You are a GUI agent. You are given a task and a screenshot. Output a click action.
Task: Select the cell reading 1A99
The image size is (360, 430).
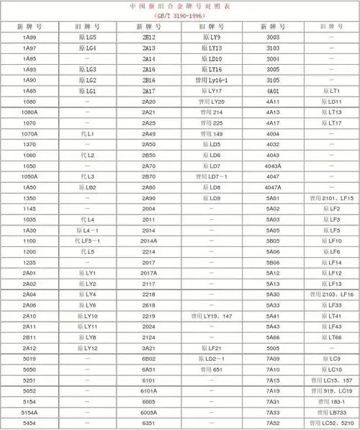tap(30, 37)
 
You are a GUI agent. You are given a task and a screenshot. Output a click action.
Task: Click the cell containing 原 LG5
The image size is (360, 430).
tap(87, 37)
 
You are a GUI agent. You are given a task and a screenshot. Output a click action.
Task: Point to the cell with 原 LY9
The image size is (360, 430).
tap(211, 37)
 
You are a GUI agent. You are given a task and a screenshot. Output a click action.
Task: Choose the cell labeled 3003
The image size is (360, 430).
tap(273, 37)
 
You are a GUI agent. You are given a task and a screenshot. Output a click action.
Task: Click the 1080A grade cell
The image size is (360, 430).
tap(30, 113)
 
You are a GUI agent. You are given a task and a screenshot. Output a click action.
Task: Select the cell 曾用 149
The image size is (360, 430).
tap(211, 135)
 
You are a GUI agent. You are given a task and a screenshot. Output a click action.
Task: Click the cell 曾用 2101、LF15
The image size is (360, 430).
tap(332, 198)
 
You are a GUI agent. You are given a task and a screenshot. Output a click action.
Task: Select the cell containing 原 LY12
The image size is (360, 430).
tap(87, 348)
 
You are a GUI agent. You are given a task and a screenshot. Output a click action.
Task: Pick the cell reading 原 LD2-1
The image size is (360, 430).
tap(211, 359)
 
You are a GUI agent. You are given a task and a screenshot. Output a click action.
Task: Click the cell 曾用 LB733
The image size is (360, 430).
tap(332, 412)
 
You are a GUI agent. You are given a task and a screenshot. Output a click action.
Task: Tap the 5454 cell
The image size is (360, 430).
tap(30, 423)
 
